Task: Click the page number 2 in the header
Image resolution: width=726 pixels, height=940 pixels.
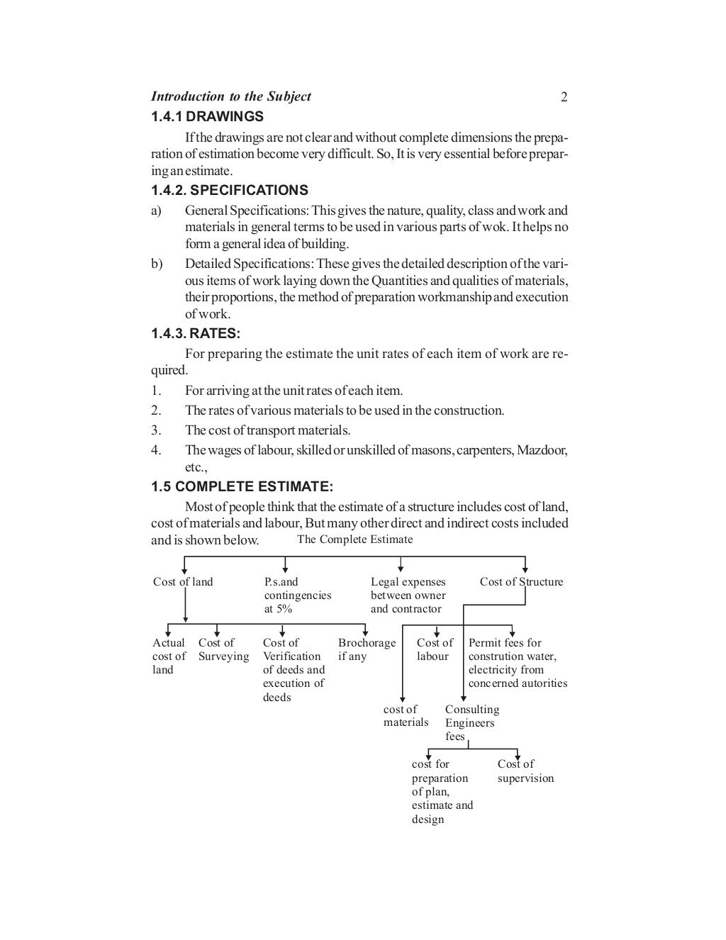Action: coord(564,97)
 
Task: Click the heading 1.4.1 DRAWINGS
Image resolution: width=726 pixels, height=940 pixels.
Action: coord(208,116)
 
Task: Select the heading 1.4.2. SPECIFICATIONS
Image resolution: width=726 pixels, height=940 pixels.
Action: coord(230,190)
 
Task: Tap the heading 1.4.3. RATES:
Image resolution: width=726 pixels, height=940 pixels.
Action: coord(196,334)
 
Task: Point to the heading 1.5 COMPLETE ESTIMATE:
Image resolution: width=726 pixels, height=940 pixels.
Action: coord(242,487)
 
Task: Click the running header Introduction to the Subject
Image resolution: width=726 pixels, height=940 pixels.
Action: coord(231,96)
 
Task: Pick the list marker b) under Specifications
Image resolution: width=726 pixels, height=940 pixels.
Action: coord(157,264)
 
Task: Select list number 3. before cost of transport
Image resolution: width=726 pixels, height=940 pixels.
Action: coord(156,430)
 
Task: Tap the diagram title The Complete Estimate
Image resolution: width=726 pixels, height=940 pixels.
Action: coord(354,539)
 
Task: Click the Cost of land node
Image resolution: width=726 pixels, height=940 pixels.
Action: coord(183,582)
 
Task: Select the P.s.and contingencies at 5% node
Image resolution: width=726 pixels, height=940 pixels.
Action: coord(298,595)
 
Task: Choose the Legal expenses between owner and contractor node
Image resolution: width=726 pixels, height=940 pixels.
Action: coord(408,595)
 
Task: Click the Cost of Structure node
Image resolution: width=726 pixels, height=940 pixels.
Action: coord(521,582)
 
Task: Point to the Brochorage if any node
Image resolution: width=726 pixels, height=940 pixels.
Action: coord(366,649)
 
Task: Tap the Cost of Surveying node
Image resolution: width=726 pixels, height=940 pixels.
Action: coord(223,649)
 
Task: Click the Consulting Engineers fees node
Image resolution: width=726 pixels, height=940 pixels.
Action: coord(471,723)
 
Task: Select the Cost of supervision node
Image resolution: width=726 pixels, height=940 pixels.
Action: coord(525,771)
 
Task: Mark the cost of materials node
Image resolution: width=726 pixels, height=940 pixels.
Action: coord(406,716)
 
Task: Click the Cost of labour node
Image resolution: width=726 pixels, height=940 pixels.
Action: coord(434,649)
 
